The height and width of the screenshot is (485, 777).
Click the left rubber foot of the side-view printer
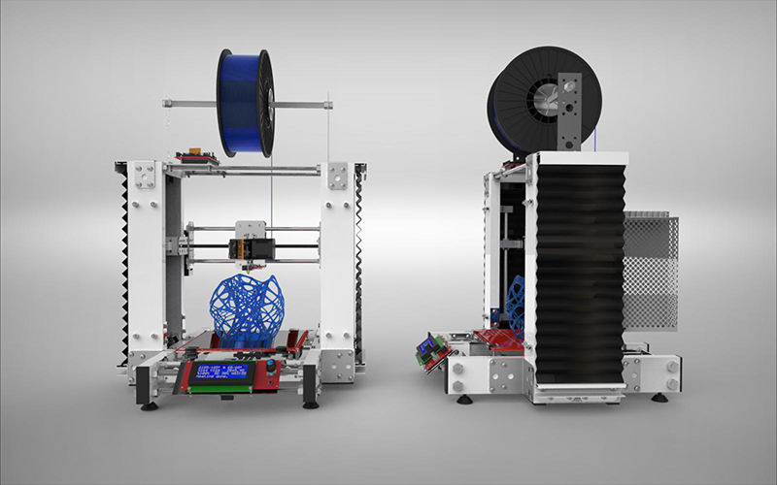click(x=463, y=397)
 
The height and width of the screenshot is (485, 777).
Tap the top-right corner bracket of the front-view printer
click(x=338, y=177)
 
